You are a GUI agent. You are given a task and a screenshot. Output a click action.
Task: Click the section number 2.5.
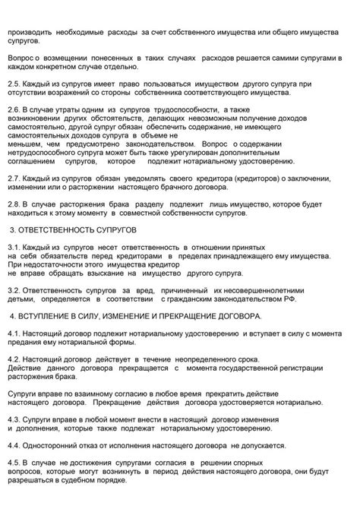coord(14,84)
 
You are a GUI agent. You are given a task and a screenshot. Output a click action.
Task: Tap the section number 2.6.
coord(14,110)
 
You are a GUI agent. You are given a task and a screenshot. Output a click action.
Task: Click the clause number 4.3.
coord(14,419)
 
